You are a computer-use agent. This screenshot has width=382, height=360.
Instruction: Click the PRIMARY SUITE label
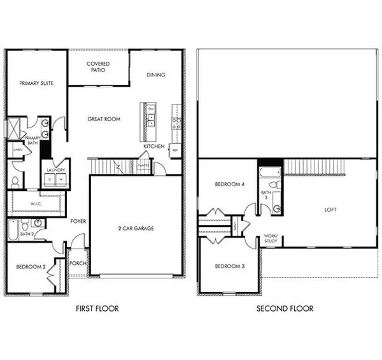tap(36, 83)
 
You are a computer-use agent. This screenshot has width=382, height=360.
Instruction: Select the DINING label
tap(155, 75)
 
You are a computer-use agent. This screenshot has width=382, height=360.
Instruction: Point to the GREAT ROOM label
tap(104, 119)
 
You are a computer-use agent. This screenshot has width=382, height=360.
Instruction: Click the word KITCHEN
tap(153, 147)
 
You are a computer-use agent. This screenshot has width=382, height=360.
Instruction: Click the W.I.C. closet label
tap(36, 204)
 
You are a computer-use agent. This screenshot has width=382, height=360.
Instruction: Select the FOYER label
tap(78, 221)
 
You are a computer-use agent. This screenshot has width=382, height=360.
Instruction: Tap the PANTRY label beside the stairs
tap(144, 165)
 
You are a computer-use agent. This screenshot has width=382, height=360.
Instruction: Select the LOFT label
tap(330, 210)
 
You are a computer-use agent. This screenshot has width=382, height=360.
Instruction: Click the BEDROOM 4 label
tap(229, 184)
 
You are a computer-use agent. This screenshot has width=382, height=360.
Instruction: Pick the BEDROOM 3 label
tap(229, 266)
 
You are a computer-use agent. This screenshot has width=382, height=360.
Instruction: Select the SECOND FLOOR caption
tap(285, 308)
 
